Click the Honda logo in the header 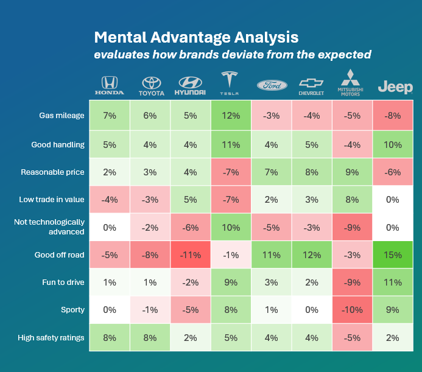pyautogui.click(x=110, y=86)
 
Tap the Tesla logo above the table pyautogui.click(x=231, y=84)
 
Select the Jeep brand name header pyautogui.click(x=395, y=88)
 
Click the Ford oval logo pyautogui.click(x=272, y=86)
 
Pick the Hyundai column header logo pyautogui.click(x=191, y=86)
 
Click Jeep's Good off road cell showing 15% pyautogui.click(x=394, y=255)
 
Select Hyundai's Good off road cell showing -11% pyautogui.click(x=191, y=255)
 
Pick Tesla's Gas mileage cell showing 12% pyautogui.click(x=231, y=116)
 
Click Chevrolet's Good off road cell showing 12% pyautogui.click(x=312, y=255)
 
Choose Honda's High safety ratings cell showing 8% pyautogui.click(x=110, y=338)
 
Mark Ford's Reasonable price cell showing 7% pyautogui.click(x=272, y=172)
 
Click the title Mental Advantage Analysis pyautogui.click(x=196, y=37)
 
